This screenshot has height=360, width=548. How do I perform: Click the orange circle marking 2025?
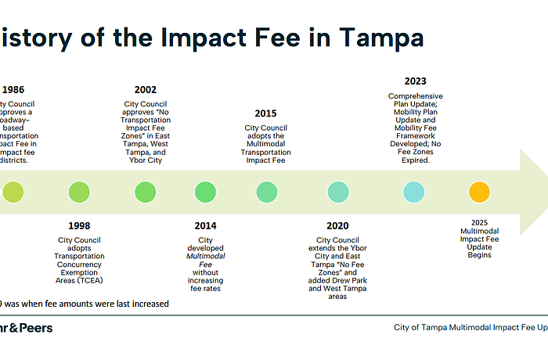[479, 191]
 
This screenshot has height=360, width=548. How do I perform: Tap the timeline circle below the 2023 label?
[414, 191]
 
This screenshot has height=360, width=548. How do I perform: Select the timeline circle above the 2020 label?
[338, 191]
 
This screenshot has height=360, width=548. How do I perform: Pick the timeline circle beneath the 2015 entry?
[267, 191]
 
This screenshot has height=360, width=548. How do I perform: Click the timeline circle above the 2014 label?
[205, 191]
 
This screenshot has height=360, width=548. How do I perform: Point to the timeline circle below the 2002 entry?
[145, 191]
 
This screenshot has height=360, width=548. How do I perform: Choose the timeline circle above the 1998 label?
[79, 191]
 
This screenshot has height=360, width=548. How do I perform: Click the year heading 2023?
[416, 81]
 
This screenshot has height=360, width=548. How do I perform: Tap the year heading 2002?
[145, 90]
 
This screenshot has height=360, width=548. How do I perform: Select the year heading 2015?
[265, 113]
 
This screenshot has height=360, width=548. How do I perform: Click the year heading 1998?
[79, 226]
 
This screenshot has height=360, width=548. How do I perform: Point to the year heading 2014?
[205, 226]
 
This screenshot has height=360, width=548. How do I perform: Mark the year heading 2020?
[337, 226]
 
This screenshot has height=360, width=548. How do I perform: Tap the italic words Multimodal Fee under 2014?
[205, 255]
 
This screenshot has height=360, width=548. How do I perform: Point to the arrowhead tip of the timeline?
[546, 191]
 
